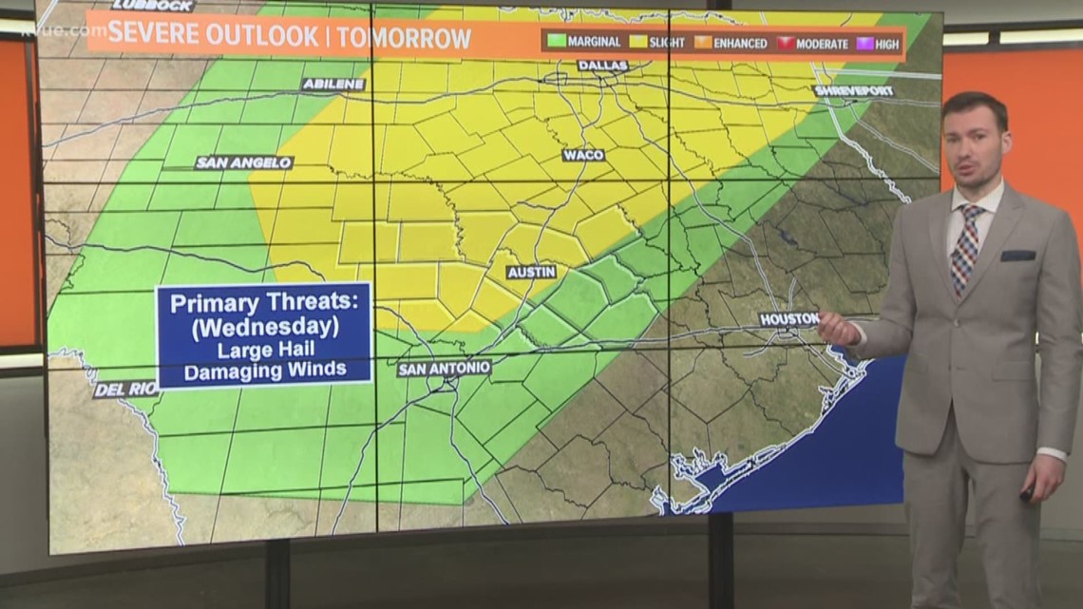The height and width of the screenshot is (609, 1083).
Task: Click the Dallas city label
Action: (x=602, y=66)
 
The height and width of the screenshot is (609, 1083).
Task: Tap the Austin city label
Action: (x=531, y=272)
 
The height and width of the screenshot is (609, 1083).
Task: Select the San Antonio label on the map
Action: (x=445, y=368)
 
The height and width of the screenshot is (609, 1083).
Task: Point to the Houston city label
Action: (x=788, y=319)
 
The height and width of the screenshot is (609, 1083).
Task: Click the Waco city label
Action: (x=583, y=155)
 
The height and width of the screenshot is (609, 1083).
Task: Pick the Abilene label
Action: (x=333, y=85)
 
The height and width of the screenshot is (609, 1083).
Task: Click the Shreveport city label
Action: (x=854, y=91)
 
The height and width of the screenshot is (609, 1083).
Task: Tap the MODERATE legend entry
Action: (x=813, y=43)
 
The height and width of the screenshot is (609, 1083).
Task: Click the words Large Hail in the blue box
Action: (x=264, y=350)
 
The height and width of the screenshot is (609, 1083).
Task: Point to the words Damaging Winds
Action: (x=264, y=371)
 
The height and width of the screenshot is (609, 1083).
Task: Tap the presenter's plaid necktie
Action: (x=966, y=248)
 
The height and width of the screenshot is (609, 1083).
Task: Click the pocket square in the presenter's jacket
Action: (x=1017, y=255)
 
